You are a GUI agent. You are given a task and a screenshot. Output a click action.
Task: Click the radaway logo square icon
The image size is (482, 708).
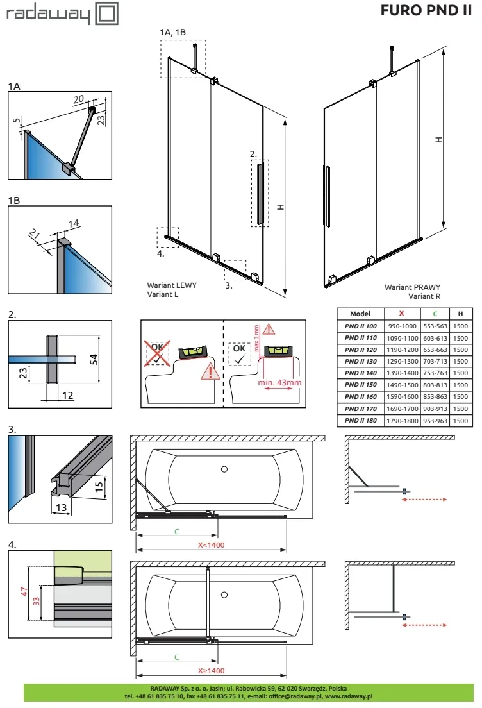106,13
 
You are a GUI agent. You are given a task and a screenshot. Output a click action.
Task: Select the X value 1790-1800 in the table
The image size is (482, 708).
401,421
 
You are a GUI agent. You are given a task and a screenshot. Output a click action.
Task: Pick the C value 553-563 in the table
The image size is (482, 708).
435,326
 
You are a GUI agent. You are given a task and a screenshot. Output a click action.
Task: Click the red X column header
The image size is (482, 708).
401,314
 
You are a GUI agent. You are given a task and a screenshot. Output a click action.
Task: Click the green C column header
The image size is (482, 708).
435,314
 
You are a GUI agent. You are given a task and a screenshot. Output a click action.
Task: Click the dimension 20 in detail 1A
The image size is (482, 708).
79,99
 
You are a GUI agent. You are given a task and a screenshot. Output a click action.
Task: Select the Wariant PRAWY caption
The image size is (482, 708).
412,288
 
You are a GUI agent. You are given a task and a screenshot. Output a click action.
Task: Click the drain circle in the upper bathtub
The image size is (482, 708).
224,469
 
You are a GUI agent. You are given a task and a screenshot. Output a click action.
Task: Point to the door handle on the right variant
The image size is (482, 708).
328,197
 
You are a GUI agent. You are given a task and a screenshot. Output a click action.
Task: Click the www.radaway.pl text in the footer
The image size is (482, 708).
349,696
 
